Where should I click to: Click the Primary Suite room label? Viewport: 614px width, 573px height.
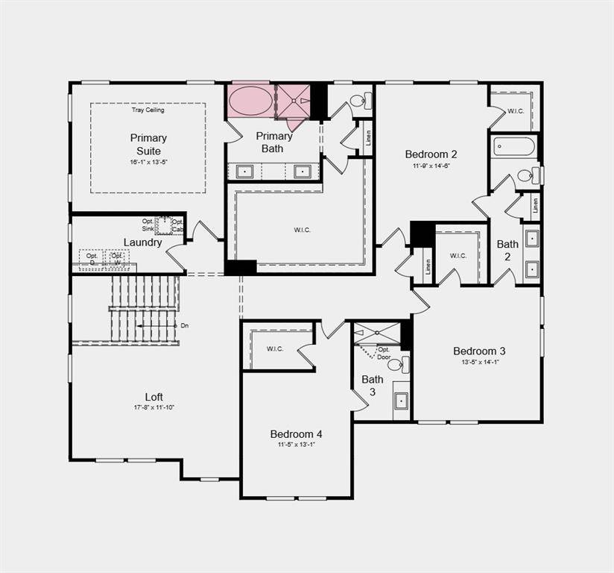click(x=148, y=144)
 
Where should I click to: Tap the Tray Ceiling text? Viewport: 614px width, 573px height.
click(x=148, y=110)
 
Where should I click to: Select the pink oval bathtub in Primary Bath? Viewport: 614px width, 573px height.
click(x=250, y=101)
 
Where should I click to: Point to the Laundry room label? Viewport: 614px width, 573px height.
click(x=142, y=242)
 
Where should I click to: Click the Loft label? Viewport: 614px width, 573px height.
click(x=154, y=397)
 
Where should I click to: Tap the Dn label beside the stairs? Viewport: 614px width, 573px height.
click(x=184, y=326)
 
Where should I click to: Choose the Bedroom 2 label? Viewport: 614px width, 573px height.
click(x=431, y=154)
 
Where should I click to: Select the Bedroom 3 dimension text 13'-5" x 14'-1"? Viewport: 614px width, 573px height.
click(x=479, y=363)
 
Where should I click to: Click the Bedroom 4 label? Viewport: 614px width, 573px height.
click(x=297, y=433)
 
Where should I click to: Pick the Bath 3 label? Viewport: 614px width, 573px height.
click(x=373, y=385)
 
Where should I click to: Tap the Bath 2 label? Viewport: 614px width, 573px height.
click(x=508, y=249)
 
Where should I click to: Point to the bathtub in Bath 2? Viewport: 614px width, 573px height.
click(x=513, y=146)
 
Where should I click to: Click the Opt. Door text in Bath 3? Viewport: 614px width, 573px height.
click(x=384, y=353)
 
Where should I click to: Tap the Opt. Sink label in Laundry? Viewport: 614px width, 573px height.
click(x=148, y=225)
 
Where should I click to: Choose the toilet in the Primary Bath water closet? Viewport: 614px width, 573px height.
click(x=359, y=101)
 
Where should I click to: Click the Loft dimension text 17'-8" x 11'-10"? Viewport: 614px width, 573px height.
click(x=154, y=407)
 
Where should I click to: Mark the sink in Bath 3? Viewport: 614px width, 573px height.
click(x=401, y=400)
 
